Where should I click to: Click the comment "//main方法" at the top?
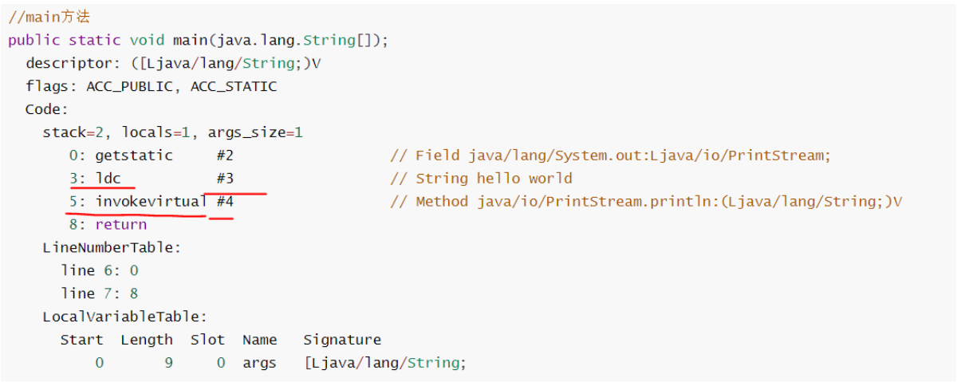(49, 17)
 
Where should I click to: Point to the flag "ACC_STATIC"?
(234, 86)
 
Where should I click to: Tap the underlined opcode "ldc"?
(108, 179)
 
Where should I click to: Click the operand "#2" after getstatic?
(225, 156)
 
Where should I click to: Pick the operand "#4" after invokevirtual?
(225, 202)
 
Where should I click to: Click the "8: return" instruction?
(108, 225)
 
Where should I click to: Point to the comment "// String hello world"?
(481, 179)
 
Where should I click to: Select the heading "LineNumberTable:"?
(112, 248)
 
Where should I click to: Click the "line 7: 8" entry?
(99, 293)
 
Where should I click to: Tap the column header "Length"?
(147, 340)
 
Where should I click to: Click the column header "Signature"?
(342, 340)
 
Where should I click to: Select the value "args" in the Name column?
(259, 363)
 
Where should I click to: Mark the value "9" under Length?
(168, 363)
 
